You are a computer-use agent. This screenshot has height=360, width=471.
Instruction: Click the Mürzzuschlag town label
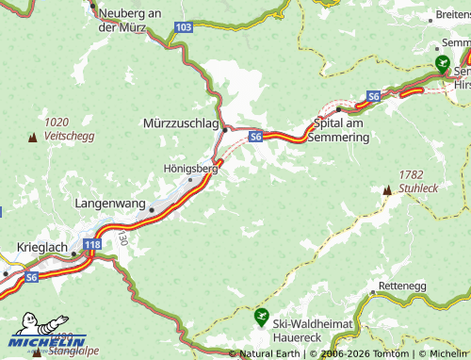coord(180,123)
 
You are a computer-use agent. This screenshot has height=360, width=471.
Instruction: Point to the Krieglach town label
coord(42,247)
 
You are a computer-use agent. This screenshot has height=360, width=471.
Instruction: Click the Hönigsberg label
coord(190,169)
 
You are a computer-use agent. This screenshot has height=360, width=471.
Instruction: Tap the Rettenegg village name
coord(401,285)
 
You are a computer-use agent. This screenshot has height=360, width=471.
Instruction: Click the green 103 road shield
coord(184,28)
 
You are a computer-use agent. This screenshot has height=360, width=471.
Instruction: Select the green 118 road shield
coord(91,245)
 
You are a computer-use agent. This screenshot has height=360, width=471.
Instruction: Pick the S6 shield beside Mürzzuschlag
coord(255,137)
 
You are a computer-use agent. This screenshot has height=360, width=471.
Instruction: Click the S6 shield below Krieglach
coord(32,277)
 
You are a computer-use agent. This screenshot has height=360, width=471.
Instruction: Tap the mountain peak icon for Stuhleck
coord(387,190)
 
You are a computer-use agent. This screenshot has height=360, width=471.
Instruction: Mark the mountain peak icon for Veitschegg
coord(33,138)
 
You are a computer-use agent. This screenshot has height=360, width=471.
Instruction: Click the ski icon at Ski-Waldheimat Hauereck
coord(261,317)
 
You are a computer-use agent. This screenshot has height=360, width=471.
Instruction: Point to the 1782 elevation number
coord(412,174)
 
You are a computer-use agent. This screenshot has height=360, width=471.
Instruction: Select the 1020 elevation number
coord(57,122)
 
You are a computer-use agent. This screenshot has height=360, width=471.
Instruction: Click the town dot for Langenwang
coord(151,210)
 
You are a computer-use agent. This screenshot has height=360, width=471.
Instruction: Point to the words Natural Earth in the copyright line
coord(269,353)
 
